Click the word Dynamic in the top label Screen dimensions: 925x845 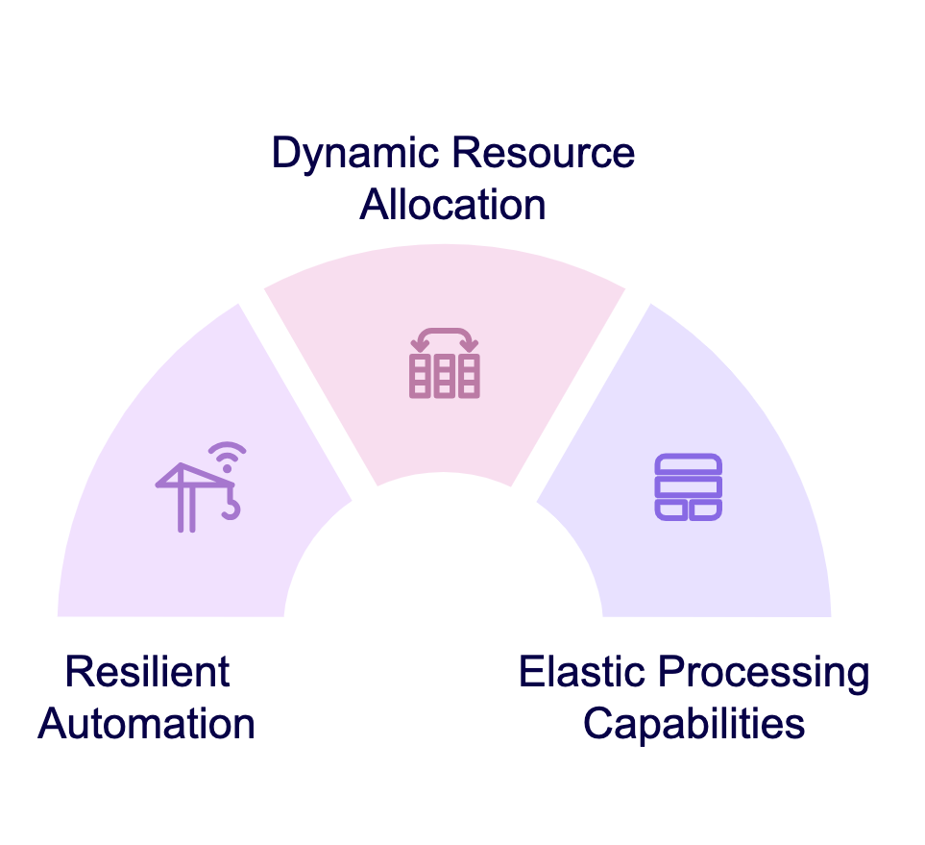click(x=355, y=154)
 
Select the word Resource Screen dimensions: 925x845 click(x=544, y=152)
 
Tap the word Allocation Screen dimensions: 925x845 click(x=453, y=205)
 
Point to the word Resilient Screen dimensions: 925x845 click(x=148, y=671)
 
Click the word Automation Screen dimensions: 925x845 click(x=146, y=724)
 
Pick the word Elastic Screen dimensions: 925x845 click(x=582, y=671)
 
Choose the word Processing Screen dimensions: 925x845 click(x=764, y=674)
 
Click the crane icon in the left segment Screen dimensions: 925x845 click(x=201, y=487)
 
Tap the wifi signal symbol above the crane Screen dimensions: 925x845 click(x=228, y=456)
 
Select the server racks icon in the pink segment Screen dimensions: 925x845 click(x=444, y=363)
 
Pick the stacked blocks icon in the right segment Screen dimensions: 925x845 click(x=689, y=487)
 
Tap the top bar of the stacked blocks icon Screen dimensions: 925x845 click(x=689, y=464)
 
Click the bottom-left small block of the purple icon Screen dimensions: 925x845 click(x=671, y=510)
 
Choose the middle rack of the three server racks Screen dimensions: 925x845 click(x=444, y=376)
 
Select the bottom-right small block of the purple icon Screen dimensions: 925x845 click(x=706, y=510)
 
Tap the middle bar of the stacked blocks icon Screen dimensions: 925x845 click(x=689, y=487)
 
